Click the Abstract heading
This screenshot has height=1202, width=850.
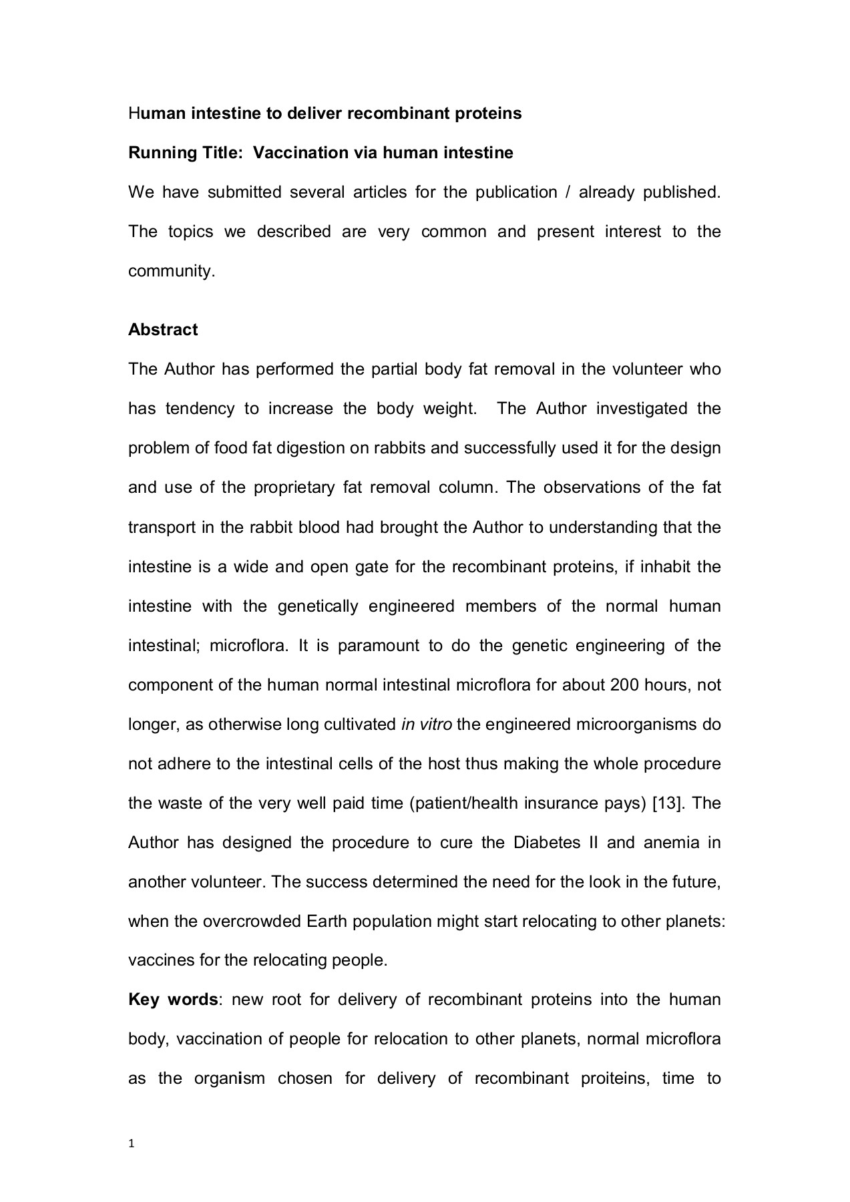(x=163, y=330)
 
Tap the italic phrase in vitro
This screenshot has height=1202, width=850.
(x=427, y=725)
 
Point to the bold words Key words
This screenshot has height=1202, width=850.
(x=172, y=1000)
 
